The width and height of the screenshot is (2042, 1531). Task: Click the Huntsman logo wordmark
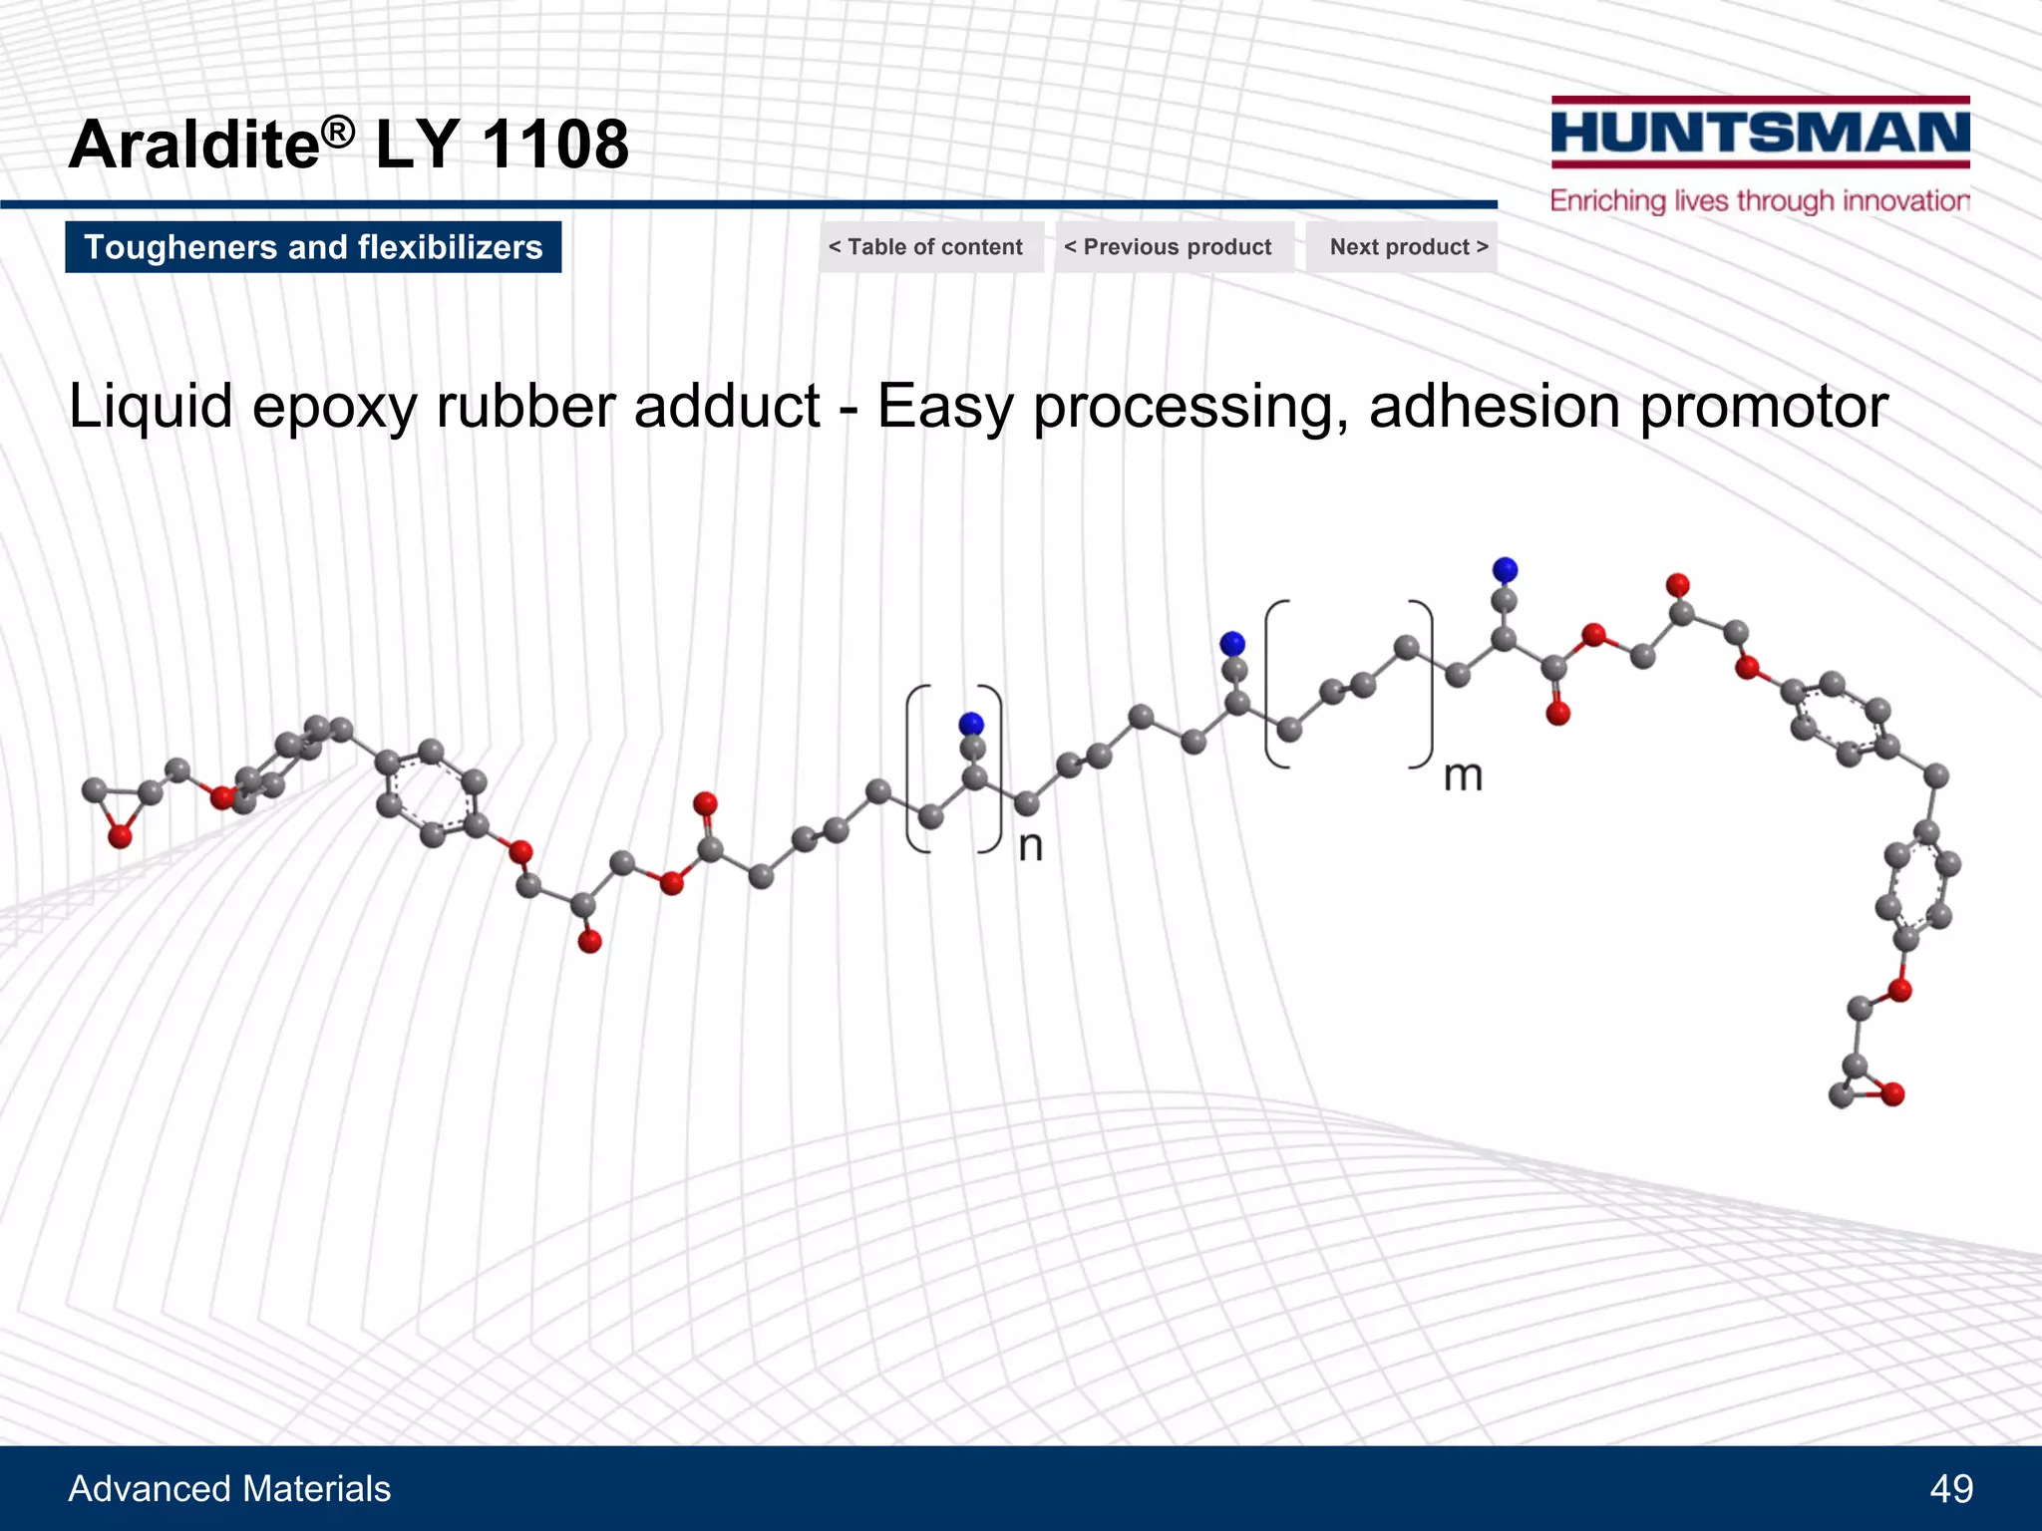click(1760, 133)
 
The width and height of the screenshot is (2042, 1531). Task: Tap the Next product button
click(1407, 247)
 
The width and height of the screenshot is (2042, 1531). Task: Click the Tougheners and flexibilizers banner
click(313, 247)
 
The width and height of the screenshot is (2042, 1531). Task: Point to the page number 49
click(1950, 1488)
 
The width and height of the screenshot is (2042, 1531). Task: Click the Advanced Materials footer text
click(229, 1488)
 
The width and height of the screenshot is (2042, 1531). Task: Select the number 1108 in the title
click(555, 144)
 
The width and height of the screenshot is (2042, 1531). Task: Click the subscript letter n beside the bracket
click(1031, 847)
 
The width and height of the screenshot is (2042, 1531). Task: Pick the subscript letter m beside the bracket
click(1463, 775)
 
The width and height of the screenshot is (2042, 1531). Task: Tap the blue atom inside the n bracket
click(970, 724)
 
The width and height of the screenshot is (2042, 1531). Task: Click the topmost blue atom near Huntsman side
click(1505, 569)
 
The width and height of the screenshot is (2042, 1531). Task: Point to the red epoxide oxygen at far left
click(120, 836)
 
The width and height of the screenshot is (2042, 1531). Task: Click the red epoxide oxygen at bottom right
click(1892, 1094)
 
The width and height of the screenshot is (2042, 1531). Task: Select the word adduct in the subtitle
click(727, 407)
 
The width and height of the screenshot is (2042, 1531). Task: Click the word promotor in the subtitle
click(1763, 407)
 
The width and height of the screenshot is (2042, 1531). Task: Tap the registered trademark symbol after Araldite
click(339, 131)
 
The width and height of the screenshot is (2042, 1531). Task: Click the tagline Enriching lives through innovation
click(1760, 200)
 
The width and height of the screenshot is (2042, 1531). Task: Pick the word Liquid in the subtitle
click(150, 407)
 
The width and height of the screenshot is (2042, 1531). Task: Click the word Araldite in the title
click(194, 144)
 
